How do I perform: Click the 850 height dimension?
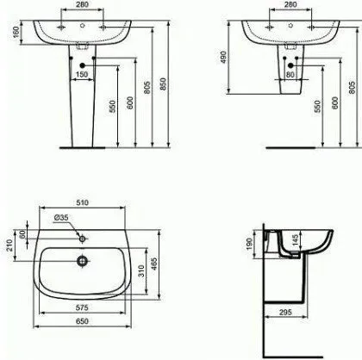(x=163, y=84)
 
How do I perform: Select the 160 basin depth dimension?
(x=16, y=32)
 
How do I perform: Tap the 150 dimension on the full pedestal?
(x=82, y=74)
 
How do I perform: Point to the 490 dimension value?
(x=224, y=58)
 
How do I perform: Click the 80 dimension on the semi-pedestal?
(x=290, y=75)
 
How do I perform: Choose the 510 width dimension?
(x=82, y=202)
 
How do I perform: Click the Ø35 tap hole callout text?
(x=61, y=218)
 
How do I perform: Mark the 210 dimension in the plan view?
(x=10, y=245)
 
